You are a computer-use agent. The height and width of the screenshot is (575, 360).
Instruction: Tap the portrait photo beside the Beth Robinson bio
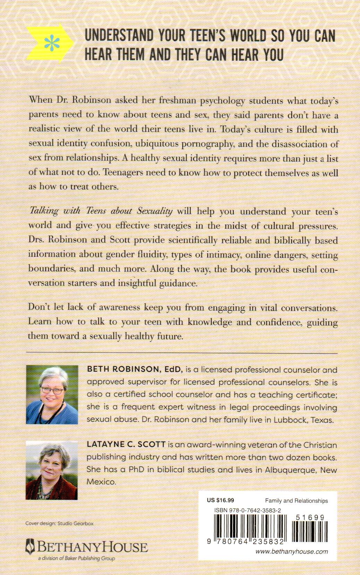tap(52, 394)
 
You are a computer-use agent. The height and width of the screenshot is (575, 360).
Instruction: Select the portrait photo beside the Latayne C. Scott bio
tap(52, 470)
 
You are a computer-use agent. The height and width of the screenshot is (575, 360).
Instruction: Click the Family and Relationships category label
tap(296, 500)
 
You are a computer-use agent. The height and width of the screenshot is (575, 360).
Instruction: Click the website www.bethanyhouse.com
tap(291, 551)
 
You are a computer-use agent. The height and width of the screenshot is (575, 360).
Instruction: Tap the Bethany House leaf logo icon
tap(31, 547)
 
